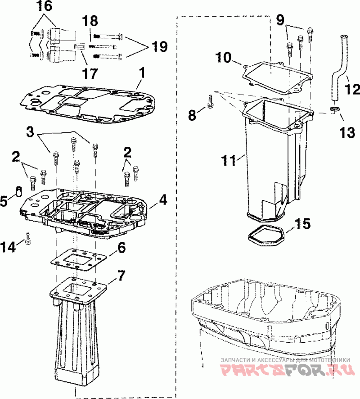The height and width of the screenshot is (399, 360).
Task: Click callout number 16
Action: [x=44, y=6]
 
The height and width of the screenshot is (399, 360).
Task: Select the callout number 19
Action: [x=160, y=46]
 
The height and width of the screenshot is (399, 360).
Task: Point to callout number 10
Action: [x=224, y=57]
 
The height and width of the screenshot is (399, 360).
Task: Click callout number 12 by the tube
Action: [x=352, y=89]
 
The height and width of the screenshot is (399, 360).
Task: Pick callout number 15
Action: [x=302, y=223]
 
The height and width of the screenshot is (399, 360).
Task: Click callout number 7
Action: [x=121, y=276]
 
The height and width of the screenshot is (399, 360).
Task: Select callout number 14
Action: [x=8, y=247]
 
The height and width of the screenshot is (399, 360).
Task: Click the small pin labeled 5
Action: [x=18, y=191]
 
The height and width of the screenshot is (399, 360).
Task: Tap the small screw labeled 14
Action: [x=28, y=238]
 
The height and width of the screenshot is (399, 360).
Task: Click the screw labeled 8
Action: [x=211, y=102]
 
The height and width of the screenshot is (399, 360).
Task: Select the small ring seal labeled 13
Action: [x=335, y=110]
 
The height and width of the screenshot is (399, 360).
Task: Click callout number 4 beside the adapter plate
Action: [x=163, y=200]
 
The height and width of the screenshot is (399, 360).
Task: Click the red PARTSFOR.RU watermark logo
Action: [x=287, y=369]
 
